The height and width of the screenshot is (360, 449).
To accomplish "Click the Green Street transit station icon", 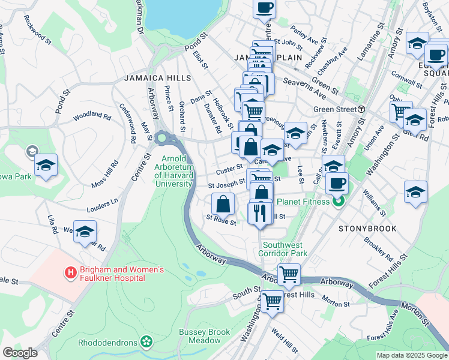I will click(x=361, y=109).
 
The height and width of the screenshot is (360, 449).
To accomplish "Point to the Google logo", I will click(x=20, y=353).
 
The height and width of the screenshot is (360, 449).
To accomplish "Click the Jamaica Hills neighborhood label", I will click(x=157, y=78).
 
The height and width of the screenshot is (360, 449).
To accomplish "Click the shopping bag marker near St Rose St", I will click(x=223, y=204).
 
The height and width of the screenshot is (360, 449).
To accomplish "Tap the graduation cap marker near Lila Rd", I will click(x=85, y=232).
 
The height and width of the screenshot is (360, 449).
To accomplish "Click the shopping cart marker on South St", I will click(x=272, y=302).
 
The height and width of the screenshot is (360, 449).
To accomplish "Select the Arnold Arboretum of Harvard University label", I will click(x=173, y=171).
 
